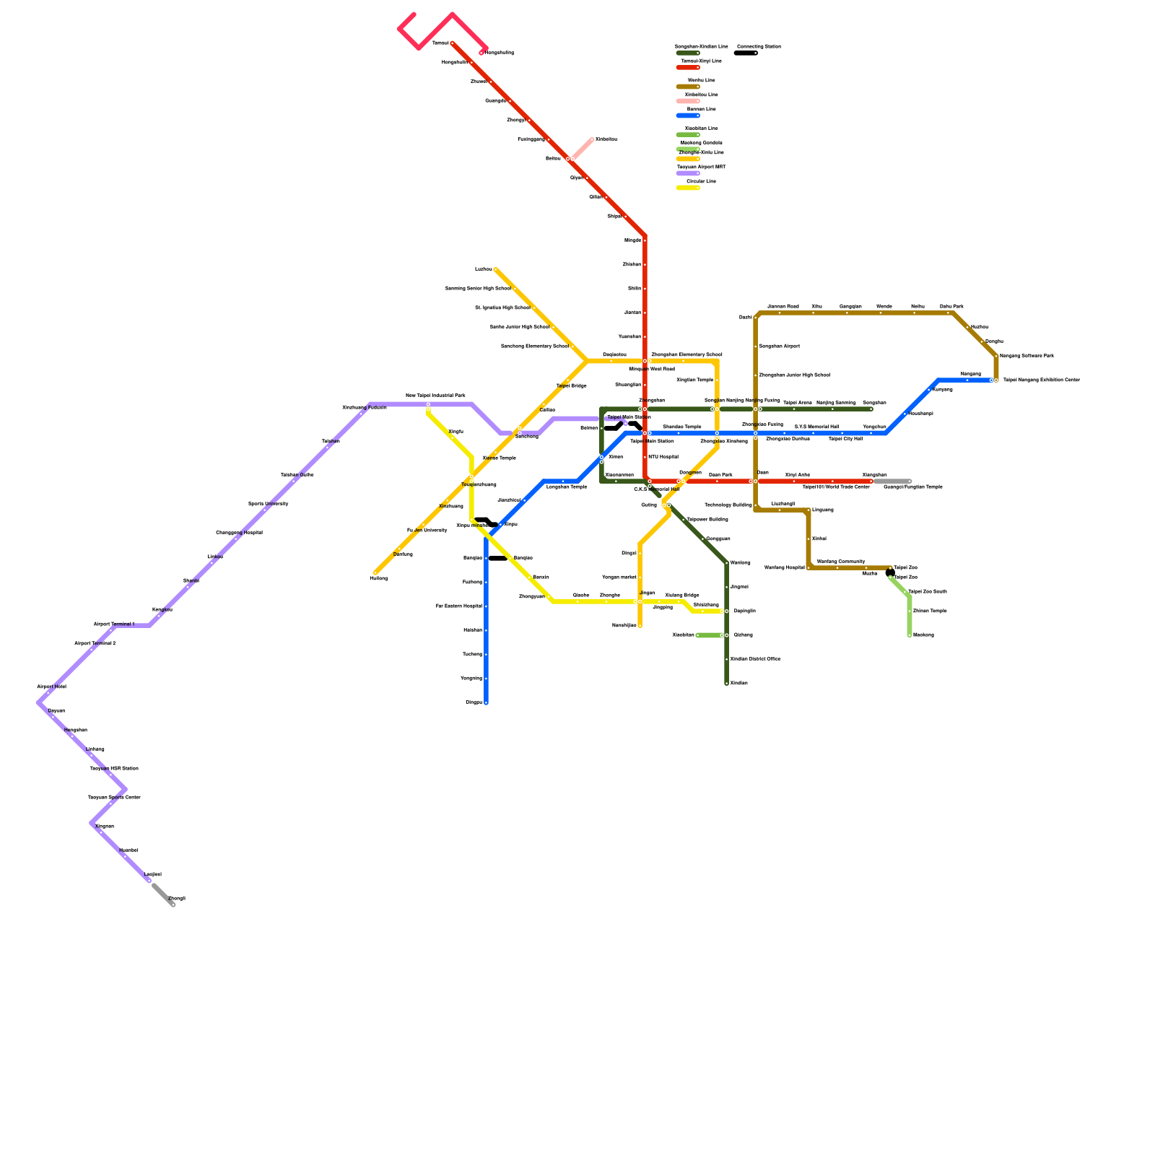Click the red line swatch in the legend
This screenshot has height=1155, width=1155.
(x=687, y=68)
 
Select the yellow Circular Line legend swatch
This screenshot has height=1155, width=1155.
(x=687, y=188)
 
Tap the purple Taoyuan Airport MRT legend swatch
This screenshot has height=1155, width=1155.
(x=687, y=173)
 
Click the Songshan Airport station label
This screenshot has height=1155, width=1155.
(x=779, y=346)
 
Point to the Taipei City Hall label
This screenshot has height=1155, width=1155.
(x=845, y=439)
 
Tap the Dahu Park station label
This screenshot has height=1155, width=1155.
(x=951, y=306)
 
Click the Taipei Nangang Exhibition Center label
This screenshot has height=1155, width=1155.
(x=1041, y=380)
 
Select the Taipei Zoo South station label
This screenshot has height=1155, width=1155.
(x=927, y=592)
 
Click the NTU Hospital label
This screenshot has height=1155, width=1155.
(x=663, y=457)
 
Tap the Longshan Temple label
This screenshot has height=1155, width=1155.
(x=566, y=487)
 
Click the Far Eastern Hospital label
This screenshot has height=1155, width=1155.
(x=458, y=606)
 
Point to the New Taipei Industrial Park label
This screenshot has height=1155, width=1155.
(x=435, y=396)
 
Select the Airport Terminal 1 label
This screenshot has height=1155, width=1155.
(x=114, y=624)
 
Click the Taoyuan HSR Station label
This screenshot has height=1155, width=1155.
(x=113, y=768)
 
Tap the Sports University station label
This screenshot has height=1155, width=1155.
(x=268, y=504)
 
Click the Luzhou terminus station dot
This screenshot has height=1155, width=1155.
(x=495, y=269)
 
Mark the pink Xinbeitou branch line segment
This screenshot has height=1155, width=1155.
(x=582, y=149)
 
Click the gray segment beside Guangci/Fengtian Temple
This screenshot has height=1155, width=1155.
(x=892, y=481)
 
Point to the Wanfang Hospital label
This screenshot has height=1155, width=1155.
(x=784, y=567)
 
